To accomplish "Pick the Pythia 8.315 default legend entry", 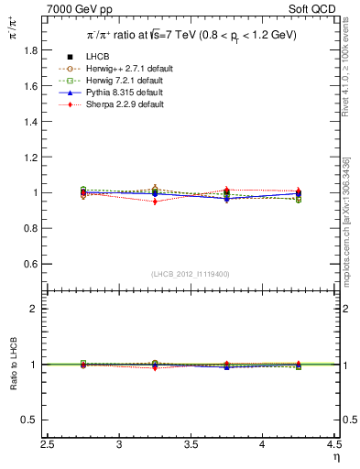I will coord(120,93).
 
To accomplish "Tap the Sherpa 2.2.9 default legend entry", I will coord(120,105).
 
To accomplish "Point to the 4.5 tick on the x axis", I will coord(334,444).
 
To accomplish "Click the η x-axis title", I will coord(336,457).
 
